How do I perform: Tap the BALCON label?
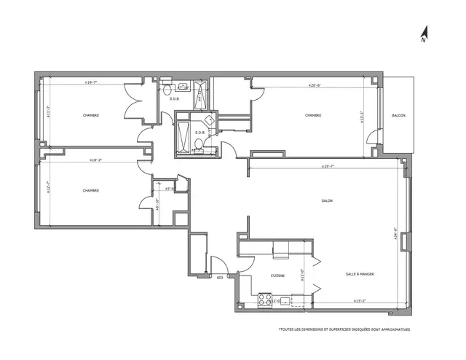(x=398, y=116)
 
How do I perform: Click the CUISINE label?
(x=277, y=275)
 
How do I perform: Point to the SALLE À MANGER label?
(x=360, y=274)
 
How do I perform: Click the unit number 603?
(x=219, y=277)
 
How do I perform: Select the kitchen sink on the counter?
(x=286, y=300)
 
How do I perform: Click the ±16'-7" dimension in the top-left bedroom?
(x=91, y=83)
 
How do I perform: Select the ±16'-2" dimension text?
(x=95, y=160)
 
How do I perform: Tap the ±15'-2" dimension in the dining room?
(x=359, y=300)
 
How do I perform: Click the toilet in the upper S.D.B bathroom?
(x=166, y=88)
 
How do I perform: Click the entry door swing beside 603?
(x=217, y=264)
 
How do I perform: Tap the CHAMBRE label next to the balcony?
(x=313, y=115)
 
